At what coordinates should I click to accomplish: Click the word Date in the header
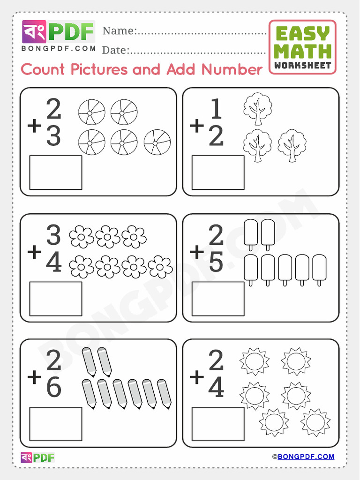[115, 50]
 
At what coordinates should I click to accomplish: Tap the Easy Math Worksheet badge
[302, 47]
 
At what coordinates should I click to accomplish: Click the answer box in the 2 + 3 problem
[56, 172]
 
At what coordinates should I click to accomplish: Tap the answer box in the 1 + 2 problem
[218, 172]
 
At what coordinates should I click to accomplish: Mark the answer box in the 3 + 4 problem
[56, 299]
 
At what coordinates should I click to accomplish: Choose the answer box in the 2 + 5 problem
[218, 299]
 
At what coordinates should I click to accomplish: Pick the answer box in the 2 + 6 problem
[56, 424]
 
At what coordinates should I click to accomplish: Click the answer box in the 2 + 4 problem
[218, 424]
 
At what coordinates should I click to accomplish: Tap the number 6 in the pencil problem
[53, 387]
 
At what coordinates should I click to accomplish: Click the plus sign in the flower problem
[34, 252]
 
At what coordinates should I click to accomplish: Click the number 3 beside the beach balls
[53, 136]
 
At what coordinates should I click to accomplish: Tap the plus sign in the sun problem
[197, 376]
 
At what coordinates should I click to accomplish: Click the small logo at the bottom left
[38, 457]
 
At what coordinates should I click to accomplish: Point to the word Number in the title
[232, 69]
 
